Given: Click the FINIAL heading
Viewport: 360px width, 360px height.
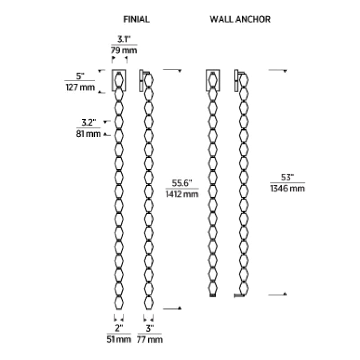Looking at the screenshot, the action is (x=136, y=19).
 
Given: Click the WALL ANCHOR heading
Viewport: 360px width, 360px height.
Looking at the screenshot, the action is (x=240, y=19).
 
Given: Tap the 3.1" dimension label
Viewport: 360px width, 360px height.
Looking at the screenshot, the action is (x=124, y=39).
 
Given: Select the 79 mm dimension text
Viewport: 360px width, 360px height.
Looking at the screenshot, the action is (x=124, y=50).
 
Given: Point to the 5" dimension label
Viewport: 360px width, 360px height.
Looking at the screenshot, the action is (x=80, y=76).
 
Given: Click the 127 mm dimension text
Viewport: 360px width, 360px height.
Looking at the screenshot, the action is (x=80, y=87).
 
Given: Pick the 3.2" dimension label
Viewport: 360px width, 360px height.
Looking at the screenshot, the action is (x=89, y=122).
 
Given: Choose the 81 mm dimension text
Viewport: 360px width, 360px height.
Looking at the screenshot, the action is (x=88, y=134).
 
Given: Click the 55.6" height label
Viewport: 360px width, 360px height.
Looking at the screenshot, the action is (x=182, y=183).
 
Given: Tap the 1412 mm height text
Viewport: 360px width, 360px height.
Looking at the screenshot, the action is (x=182, y=194).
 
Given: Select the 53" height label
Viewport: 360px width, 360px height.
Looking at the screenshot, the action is (x=288, y=177).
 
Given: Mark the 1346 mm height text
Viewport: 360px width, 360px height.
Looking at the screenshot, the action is (x=288, y=189).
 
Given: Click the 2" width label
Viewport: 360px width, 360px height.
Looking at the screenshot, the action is (x=119, y=328).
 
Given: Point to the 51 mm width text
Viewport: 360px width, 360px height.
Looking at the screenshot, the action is (x=119, y=339).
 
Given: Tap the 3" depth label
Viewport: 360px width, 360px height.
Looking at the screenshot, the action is (x=150, y=328).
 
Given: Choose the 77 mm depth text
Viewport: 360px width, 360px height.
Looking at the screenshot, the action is (x=150, y=340).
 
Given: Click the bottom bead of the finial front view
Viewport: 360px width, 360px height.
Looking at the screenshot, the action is (x=119, y=303).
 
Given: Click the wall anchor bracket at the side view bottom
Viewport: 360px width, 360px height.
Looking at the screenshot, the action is (x=239, y=296).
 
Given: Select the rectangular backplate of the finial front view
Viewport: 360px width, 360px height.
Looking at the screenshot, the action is (x=119, y=81).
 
